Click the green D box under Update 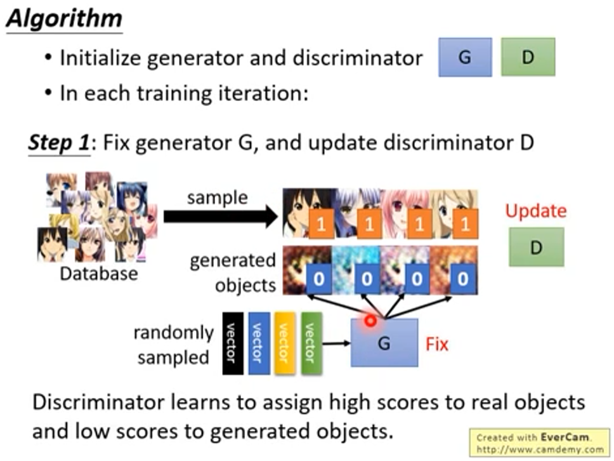536,247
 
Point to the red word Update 535,211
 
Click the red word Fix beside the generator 436,345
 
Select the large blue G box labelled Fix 384,343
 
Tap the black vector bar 233,343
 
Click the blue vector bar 258,343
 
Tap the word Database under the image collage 98,274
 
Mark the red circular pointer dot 370,321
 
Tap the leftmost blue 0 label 320,280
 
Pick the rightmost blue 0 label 464,280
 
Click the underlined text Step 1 59,143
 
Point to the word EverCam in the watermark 565,437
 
